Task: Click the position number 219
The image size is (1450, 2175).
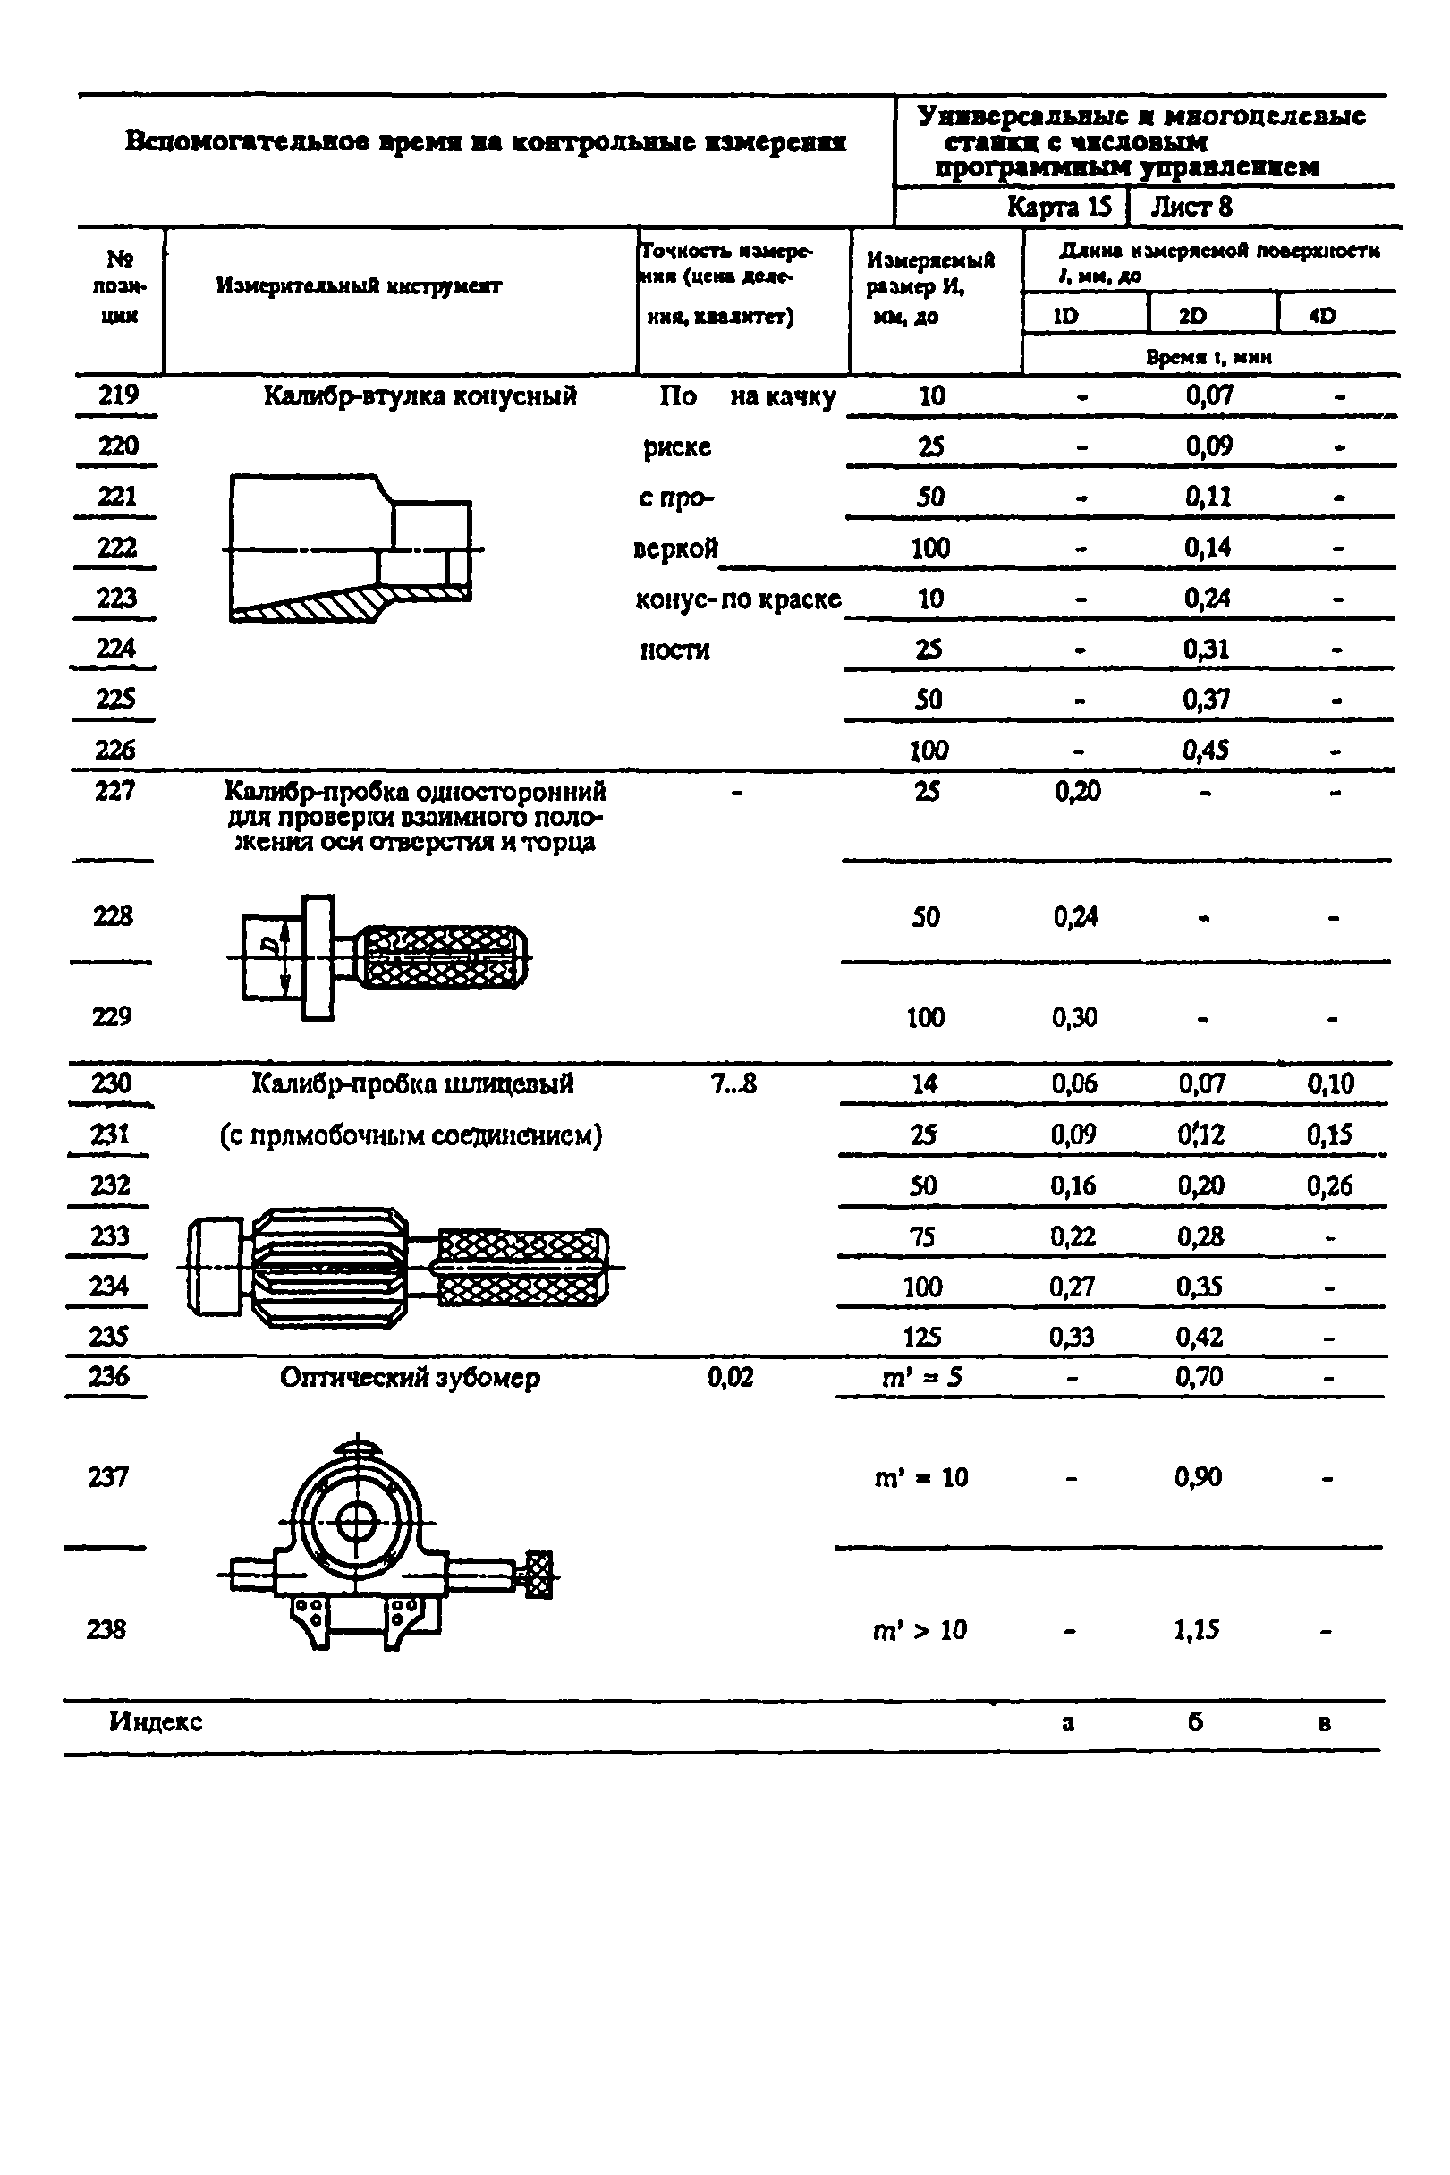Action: pyautogui.click(x=117, y=395)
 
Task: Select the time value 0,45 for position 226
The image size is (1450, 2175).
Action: pyautogui.click(x=1205, y=750)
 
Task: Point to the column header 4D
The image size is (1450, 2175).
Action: pyautogui.click(x=1322, y=315)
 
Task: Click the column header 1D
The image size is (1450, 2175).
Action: pyautogui.click(x=1065, y=315)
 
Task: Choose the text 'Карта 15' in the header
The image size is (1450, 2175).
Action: pyautogui.click(x=1059, y=206)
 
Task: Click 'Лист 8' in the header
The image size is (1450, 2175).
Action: pyautogui.click(x=1191, y=206)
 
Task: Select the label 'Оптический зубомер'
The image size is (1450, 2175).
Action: pyautogui.click(x=410, y=1378)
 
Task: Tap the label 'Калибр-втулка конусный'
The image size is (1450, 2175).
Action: pyautogui.click(x=420, y=396)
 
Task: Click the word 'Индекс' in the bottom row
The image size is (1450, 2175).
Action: pyautogui.click(x=156, y=1722)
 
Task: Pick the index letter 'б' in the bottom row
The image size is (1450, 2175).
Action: pyautogui.click(x=1196, y=1722)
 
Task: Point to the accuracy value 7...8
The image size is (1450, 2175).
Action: pyautogui.click(x=734, y=1083)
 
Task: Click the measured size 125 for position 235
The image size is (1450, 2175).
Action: pyautogui.click(x=922, y=1337)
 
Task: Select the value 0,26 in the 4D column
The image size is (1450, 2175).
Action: pyautogui.click(x=1329, y=1185)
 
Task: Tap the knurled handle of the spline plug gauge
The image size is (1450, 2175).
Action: pyautogui.click(x=521, y=1268)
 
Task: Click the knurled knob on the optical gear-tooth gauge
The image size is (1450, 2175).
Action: pyautogui.click(x=538, y=1574)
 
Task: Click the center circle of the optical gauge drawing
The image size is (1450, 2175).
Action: pyautogui.click(x=356, y=1521)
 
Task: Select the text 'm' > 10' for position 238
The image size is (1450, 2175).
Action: pyautogui.click(x=920, y=1629)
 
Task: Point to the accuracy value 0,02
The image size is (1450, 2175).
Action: pyautogui.click(x=731, y=1378)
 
